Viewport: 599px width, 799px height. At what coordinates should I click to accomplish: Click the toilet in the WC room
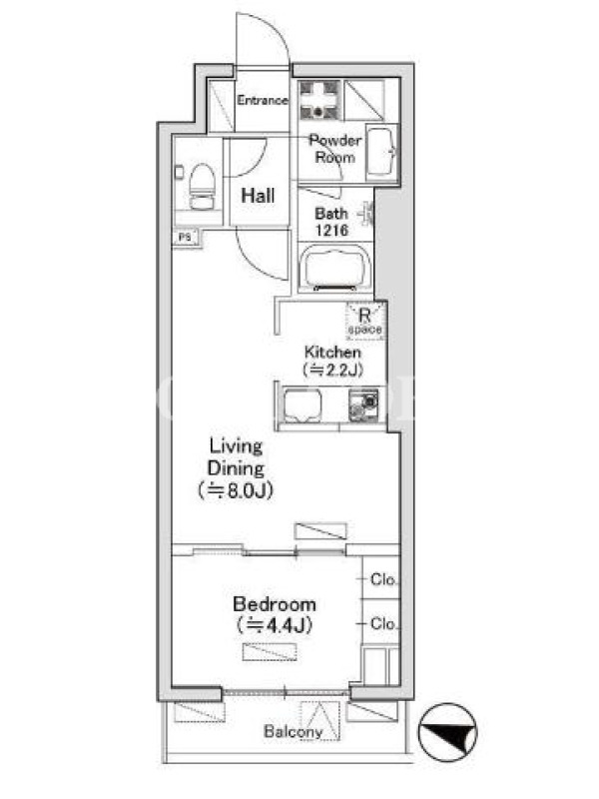click(x=203, y=187)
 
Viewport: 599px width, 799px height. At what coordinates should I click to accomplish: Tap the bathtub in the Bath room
click(x=335, y=268)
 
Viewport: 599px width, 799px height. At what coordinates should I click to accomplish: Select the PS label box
click(x=186, y=238)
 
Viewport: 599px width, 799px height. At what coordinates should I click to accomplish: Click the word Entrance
click(x=263, y=100)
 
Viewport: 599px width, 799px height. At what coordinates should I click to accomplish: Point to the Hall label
click(x=258, y=195)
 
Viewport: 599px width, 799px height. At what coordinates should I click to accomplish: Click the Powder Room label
click(x=334, y=148)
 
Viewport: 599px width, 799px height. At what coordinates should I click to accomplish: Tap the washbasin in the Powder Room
click(x=381, y=152)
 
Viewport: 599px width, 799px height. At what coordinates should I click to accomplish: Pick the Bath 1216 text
click(x=331, y=222)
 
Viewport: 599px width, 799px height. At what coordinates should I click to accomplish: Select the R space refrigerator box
click(x=365, y=321)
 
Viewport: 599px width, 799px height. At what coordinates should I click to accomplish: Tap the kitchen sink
click(x=302, y=405)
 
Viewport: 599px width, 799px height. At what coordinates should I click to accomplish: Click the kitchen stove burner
click(x=363, y=405)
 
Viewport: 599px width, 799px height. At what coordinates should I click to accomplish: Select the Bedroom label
click(x=275, y=604)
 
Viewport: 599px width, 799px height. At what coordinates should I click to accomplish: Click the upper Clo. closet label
click(x=383, y=579)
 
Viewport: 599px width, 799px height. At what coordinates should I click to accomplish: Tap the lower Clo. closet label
click(x=383, y=623)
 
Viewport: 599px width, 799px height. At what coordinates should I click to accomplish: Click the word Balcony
click(x=293, y=732)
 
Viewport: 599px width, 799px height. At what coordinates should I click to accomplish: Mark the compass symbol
click(x=447, y=732)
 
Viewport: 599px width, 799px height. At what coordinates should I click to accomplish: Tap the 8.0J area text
click(x=236, y=490)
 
